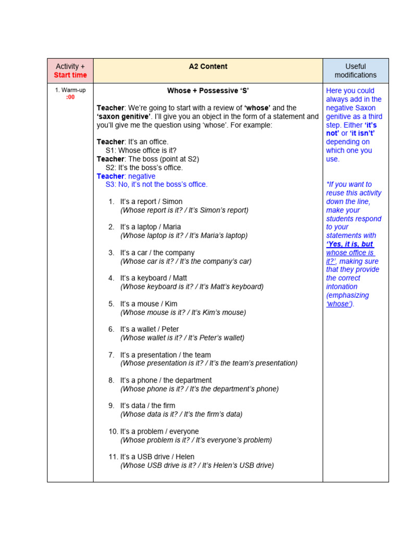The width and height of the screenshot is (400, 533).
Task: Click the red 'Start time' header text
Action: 70,75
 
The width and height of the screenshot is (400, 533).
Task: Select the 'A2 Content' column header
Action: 208,67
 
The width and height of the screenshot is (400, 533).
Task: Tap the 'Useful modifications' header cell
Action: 355,71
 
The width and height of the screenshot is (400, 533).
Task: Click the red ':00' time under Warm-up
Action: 70,97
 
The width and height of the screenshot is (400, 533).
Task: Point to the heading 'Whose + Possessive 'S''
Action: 208,91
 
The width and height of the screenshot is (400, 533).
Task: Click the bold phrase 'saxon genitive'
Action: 123,117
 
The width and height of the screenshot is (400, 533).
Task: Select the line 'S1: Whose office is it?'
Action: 141,150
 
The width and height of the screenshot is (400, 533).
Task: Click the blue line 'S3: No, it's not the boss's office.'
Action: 156,184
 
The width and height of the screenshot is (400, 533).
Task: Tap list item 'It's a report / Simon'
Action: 151,201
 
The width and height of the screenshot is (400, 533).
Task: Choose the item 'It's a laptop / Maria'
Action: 151,227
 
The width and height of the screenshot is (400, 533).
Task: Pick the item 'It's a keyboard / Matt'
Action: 153,278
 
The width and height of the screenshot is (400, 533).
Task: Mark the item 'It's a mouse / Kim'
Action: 148,303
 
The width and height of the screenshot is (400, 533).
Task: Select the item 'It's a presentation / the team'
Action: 165,355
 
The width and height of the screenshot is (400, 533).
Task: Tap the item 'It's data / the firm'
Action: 147,405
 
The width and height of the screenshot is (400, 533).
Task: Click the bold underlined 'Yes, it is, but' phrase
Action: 350,244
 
